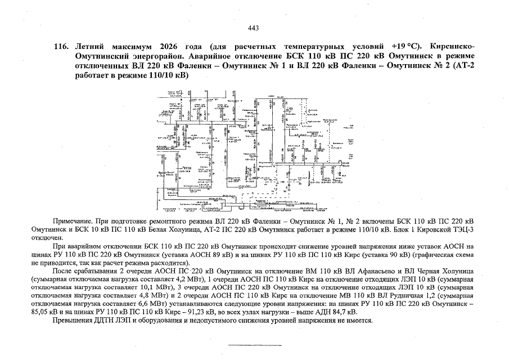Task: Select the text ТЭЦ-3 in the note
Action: pos(464,229)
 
